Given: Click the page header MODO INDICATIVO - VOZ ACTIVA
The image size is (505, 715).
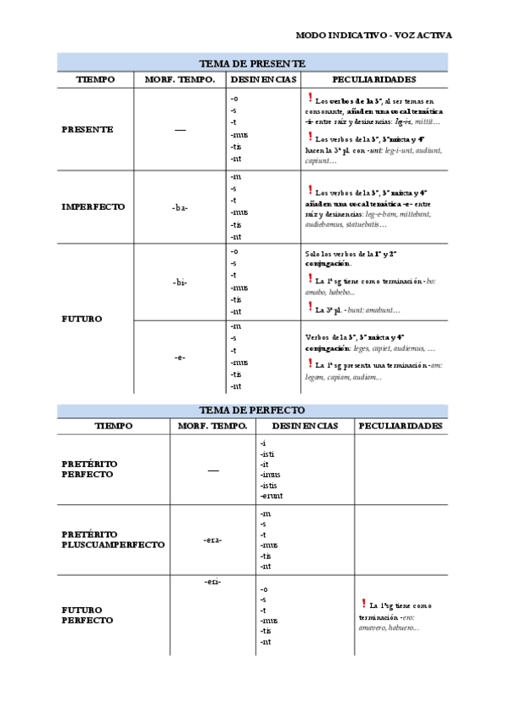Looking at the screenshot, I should (x=373, y=35).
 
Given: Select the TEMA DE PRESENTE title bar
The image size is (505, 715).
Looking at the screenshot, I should (x=252, y=63).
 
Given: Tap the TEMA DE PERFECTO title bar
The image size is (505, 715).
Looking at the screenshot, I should (x=252, y=411).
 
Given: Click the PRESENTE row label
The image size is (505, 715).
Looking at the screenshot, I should (x=88, y=130).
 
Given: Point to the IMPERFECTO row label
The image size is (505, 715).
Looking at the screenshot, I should (x=94, y=207).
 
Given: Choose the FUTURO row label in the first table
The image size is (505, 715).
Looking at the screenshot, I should (x=82, y=319).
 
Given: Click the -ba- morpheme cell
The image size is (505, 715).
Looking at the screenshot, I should (x=180, y=207).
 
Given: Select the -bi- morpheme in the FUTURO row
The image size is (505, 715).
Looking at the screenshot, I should (x=180, y=282).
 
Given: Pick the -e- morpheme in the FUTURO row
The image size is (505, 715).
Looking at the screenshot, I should (x=180, y=357).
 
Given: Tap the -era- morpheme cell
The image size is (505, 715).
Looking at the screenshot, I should (x=212, y=540).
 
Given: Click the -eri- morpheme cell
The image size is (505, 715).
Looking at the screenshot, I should (x=212, y=582).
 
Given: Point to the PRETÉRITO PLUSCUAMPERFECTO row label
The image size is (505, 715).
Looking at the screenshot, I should (x=113, y=540).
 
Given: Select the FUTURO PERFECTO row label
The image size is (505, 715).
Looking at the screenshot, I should (x=88, y=615).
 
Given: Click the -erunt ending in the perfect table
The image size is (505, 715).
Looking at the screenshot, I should (x=272, y=496).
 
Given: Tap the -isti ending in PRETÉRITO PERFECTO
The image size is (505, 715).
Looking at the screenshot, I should (x=269, y=454).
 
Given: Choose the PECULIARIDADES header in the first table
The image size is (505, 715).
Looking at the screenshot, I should (x=373, y=79).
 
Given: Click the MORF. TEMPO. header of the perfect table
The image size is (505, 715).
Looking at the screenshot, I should (x=212, y=426).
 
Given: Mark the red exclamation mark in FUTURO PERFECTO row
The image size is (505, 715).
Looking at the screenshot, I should (x=362, y=603).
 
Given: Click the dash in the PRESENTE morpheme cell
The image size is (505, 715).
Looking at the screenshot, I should (x=180, y=131).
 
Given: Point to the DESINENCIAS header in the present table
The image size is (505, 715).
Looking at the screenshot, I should (x=263, y=79).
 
